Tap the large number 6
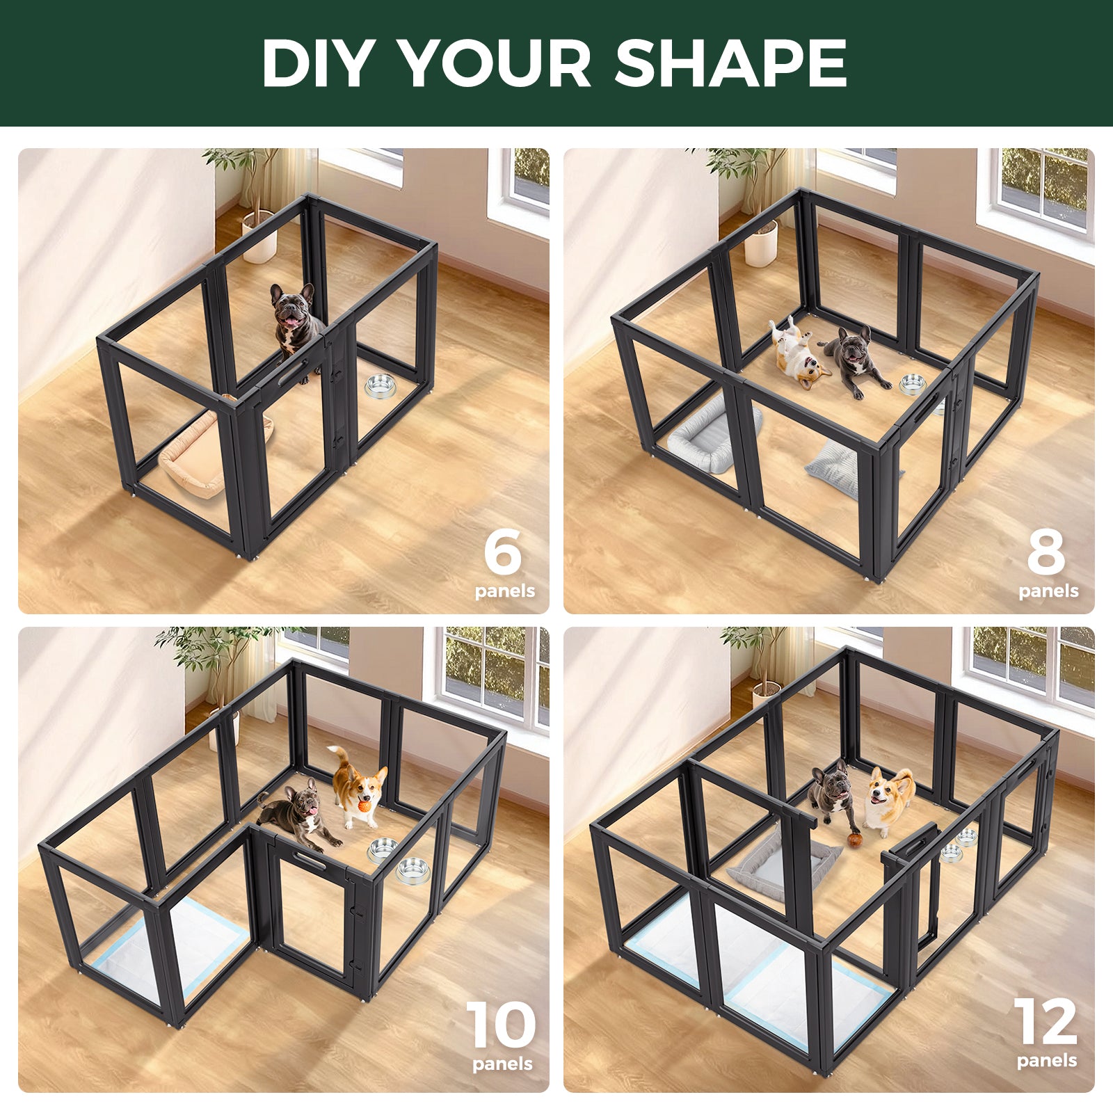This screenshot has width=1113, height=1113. click(502, 551)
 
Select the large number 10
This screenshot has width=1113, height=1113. click(501, 1025)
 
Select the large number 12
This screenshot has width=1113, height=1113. click(1045, 1023)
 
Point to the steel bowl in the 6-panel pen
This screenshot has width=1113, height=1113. click(380, 386)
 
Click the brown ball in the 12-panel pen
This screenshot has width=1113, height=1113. click(855, 840)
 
